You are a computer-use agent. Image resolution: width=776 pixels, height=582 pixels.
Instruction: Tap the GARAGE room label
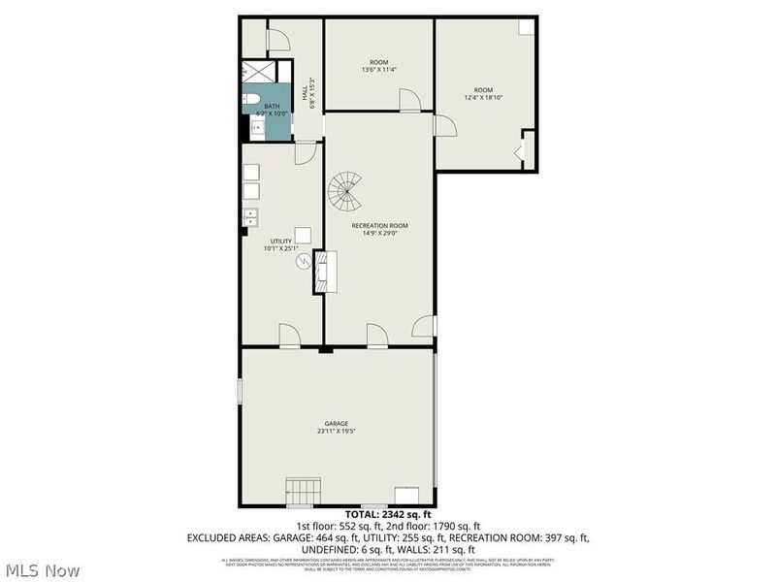coord(337,424)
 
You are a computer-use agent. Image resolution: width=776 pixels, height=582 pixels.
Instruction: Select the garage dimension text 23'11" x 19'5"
coord(337,432)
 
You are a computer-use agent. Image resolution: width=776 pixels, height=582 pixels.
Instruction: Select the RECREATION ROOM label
coord(379,225)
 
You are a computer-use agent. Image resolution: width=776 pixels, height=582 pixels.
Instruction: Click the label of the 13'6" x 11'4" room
coord(378,62)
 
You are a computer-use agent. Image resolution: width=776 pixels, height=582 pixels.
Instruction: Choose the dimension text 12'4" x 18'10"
coord(482,96)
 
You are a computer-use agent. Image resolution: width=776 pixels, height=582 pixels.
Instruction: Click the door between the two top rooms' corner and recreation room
coord(445,124)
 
